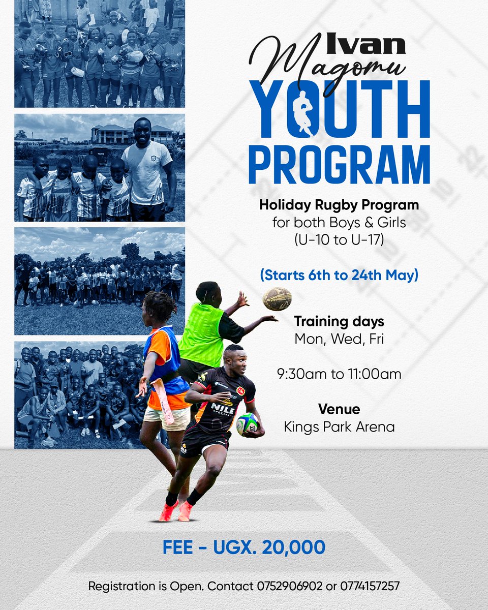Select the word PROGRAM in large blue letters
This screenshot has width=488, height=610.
(x=339, y=166)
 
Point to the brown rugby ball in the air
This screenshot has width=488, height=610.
(x=277, y=299)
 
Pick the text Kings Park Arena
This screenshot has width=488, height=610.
(x=339, y=426)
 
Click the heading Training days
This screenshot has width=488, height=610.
(x=339, y=321)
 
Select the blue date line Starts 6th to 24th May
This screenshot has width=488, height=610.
(x=339, y=275)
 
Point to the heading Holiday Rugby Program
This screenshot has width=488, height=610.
(x=339, y=206)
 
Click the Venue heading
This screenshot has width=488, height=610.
(x=339, y=409)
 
